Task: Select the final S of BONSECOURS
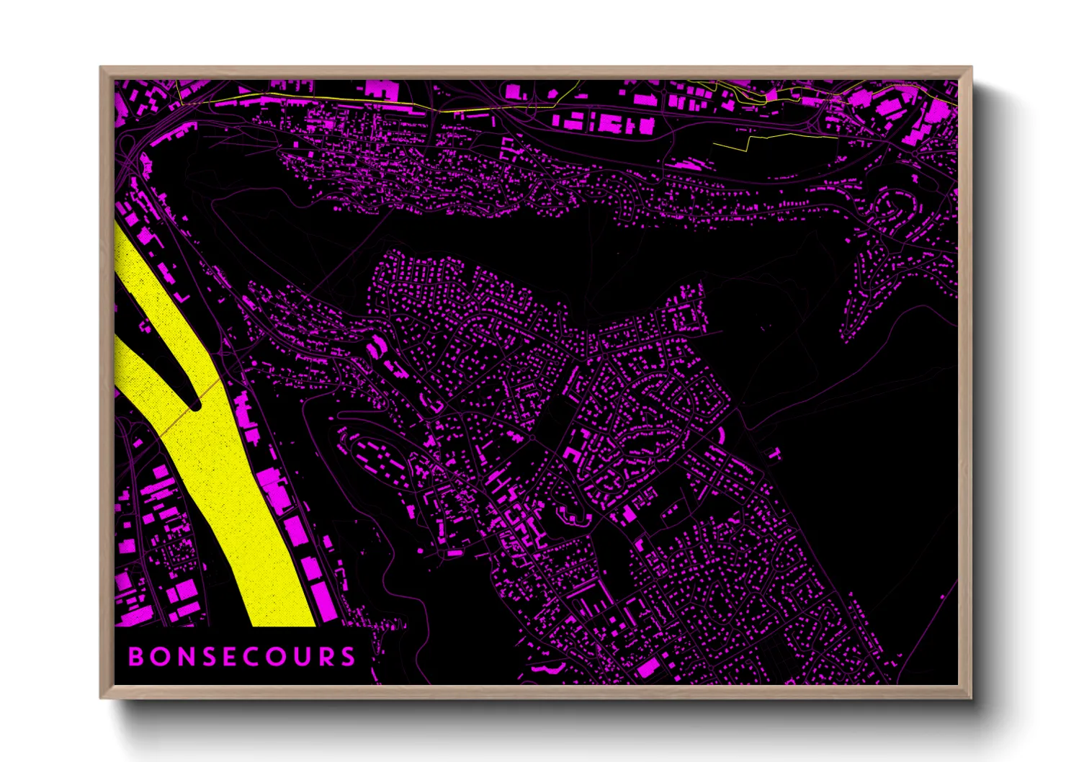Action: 349,657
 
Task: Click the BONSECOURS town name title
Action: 242,657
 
